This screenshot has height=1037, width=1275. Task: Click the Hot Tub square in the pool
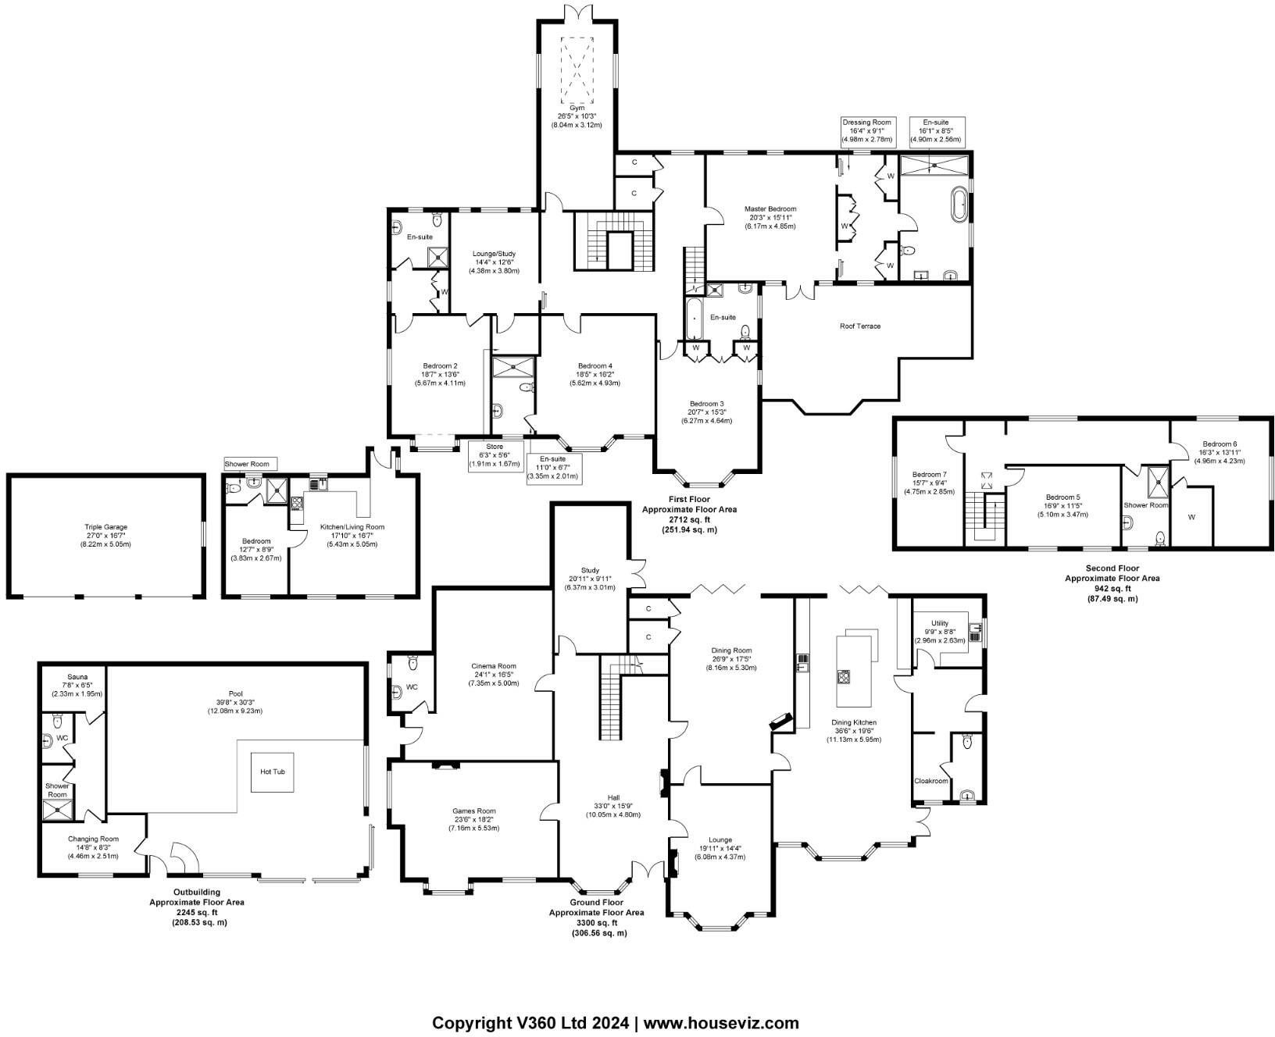click(272, 772)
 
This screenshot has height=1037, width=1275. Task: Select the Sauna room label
click(77, 677)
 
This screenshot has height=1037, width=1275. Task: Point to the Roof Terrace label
click(859, 326)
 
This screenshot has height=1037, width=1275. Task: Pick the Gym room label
click(577, 109)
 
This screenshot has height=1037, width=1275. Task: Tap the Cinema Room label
click(494, 666)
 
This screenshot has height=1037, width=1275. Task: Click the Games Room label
click(473, 811)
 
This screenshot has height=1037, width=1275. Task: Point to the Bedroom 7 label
click(929, 474)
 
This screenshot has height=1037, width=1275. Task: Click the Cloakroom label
click(930, 781)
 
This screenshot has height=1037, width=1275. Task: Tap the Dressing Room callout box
click(866, 131)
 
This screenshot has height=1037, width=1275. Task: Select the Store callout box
click(494, 455)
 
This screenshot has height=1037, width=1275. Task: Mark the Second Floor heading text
click(1112, 568)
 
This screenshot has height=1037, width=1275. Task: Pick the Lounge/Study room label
click(494, 254)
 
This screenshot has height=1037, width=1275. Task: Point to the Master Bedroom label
click(770, 208)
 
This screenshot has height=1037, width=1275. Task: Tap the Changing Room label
click(92, 839)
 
